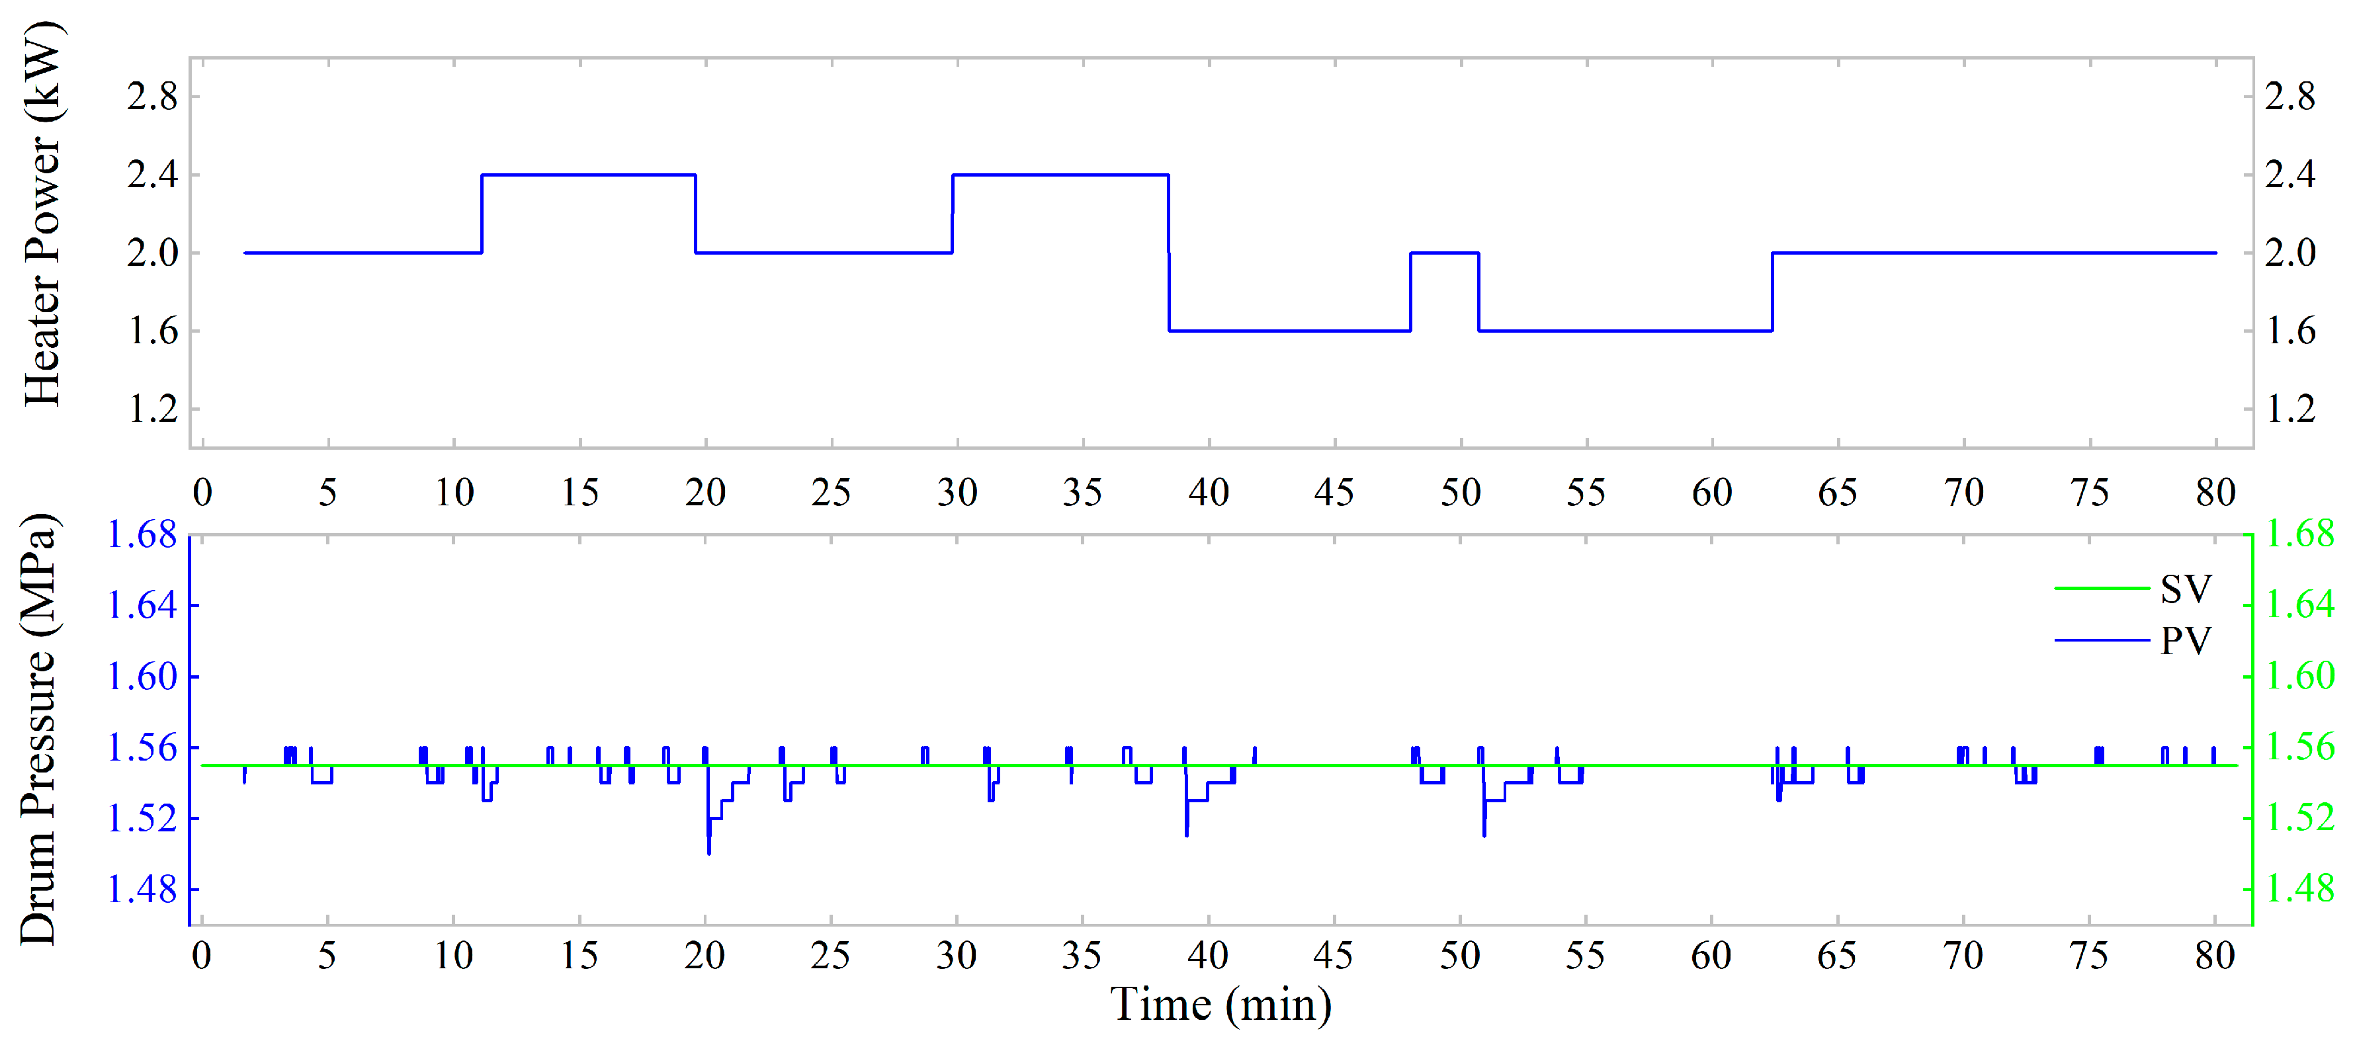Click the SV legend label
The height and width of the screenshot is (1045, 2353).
click(2185, 589)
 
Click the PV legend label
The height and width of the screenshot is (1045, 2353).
click(2185, 640)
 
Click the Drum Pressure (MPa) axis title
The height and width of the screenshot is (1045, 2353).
click(38, 729)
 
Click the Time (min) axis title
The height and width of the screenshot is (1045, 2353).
click(1220, 1005)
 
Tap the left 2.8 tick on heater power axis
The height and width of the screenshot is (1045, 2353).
click(151, 97)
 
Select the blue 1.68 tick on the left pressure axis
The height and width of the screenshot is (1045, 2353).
click(142, 535)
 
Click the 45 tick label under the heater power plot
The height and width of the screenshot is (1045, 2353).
click(1334, 493)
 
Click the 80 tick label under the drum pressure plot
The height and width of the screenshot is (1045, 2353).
click(2215, 956)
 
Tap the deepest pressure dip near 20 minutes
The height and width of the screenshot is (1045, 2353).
click(709, 849)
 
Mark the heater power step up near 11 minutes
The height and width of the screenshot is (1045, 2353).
click(482, 214)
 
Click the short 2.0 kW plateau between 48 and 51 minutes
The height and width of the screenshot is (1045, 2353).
click(1444, 253)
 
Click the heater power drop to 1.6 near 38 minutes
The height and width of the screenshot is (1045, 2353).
click(1169, 292)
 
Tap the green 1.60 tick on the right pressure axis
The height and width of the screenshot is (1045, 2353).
click(2300, 677)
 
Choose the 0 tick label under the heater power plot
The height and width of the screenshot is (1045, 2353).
click(203, 493)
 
